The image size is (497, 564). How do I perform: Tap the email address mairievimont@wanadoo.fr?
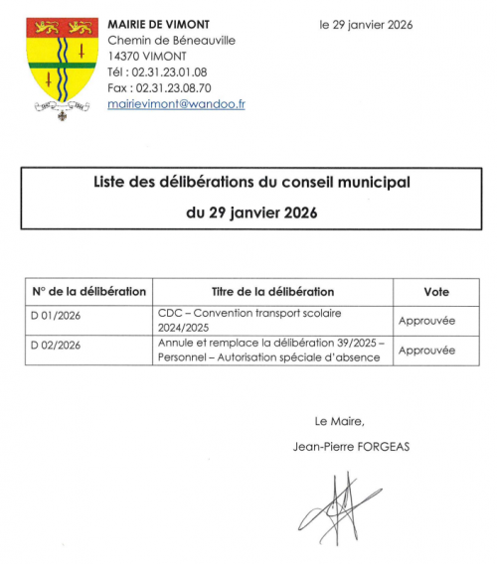[x=176, y=103]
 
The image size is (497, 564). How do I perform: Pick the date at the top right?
[x=366, y=24]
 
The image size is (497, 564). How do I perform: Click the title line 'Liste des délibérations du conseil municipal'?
[x=251, y=183]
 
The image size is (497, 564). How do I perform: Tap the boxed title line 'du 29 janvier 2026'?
[x=251, y=211]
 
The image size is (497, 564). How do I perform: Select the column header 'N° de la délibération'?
[x=89, y=292]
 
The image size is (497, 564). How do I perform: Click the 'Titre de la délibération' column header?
[x=272, y=292]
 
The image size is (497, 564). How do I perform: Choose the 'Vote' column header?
[x=435, y=292]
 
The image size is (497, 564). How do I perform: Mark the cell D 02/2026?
[x=58, y=345]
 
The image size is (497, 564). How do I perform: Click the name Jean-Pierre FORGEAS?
[x=351, y=446]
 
